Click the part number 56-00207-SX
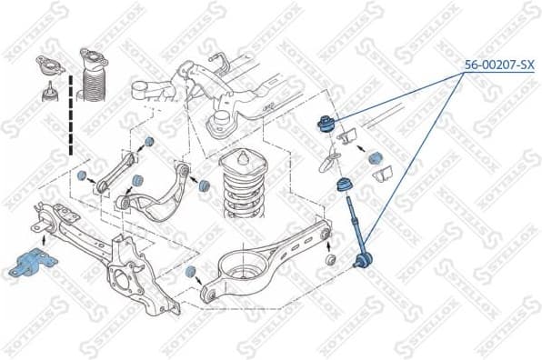click(498, 65)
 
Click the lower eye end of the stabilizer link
click(361, 263)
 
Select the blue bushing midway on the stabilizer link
click(345, 185)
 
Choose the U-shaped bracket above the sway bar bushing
click(350, 138)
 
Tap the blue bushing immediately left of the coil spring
click(204, 185)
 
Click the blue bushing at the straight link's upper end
click(148, 144)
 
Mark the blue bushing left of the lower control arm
click(191, 274)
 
